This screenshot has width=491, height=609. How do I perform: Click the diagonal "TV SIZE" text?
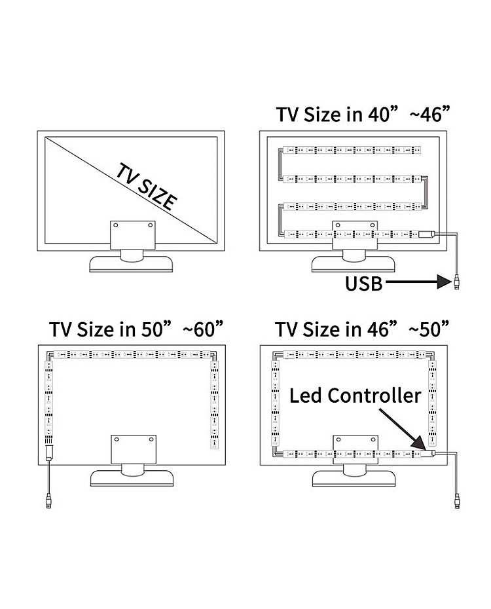[x=147, y=187]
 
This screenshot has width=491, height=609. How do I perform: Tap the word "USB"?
[x=364, y=284]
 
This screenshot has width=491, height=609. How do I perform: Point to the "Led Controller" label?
[x=355, y=396]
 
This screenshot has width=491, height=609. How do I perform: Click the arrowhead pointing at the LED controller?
[x=420, y=443]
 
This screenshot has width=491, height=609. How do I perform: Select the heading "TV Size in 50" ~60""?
[x=136, y=329]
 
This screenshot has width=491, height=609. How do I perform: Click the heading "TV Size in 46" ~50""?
[x=362, y=329]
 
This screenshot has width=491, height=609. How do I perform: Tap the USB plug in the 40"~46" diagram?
[x=457, y=282]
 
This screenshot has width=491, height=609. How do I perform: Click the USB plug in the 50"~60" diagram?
[x=48, y=501]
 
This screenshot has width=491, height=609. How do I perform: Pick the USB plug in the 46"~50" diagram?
[x=457, y=501]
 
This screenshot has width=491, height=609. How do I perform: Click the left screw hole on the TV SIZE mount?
[x=115, y=225]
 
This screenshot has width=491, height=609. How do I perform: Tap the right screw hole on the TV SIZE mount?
[x=150, y=225]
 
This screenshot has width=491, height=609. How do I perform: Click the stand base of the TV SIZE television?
[x=131, y=264]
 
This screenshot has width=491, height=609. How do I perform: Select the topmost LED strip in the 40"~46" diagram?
[x=352, y=149]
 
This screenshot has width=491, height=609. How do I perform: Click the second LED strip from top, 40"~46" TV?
[x=352, y=179]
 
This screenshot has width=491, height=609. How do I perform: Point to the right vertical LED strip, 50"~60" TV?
[x=214, y=405]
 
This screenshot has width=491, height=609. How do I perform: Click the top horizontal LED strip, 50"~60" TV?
[x=132, y=354]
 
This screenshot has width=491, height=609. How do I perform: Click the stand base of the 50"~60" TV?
[x=132, y=478]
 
